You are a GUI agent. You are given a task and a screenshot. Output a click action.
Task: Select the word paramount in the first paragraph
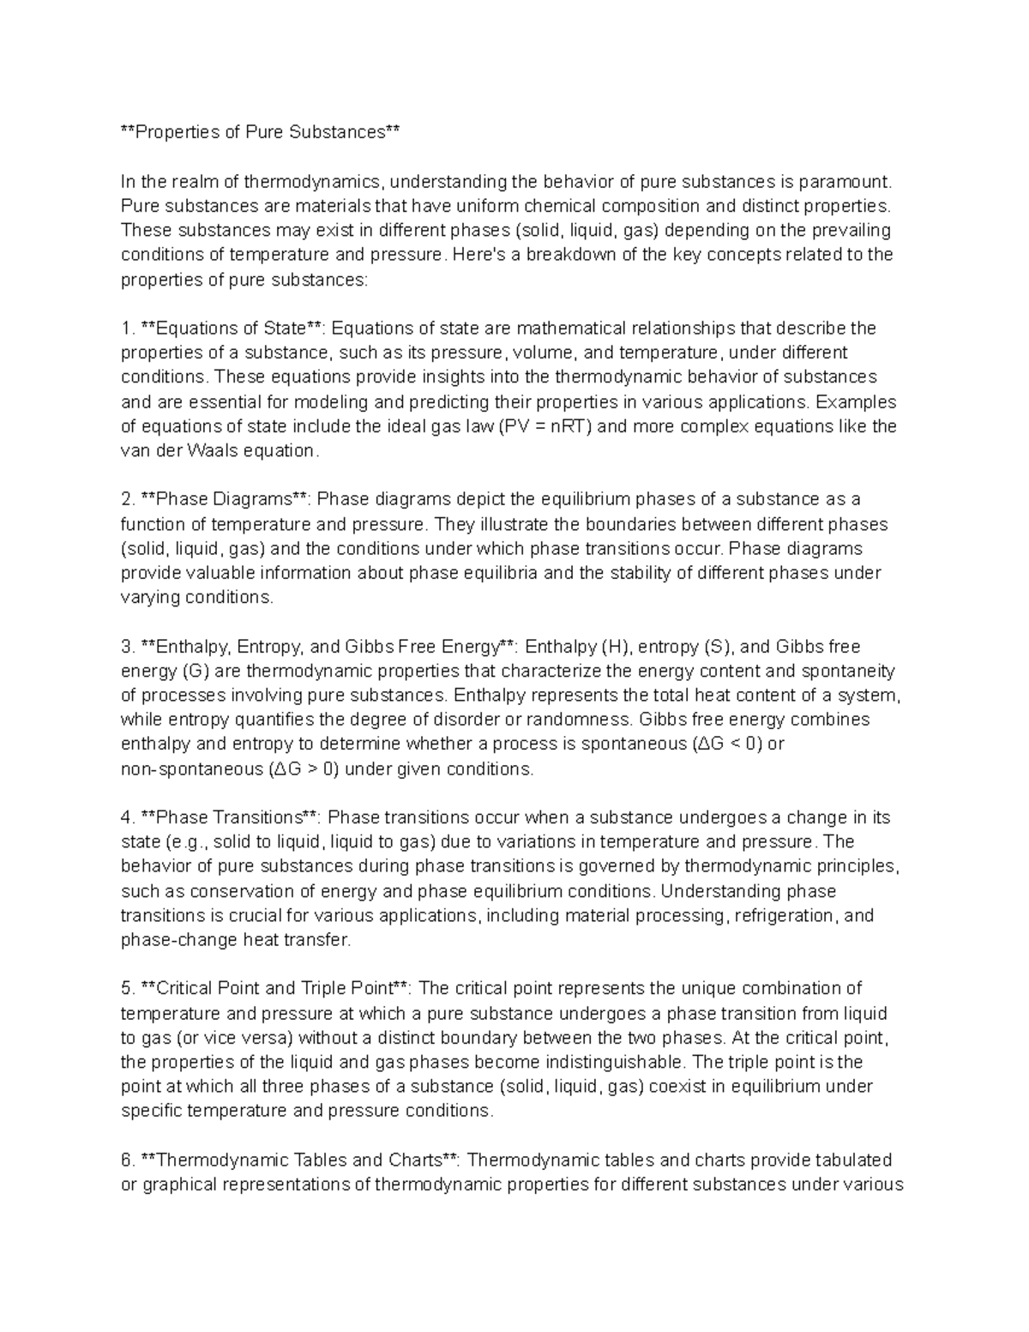[844, 181]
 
